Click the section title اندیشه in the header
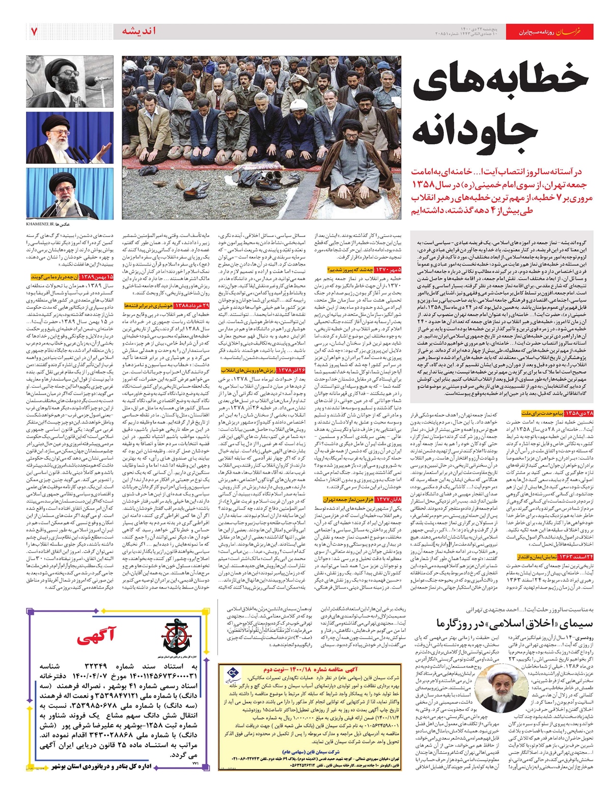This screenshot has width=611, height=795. (x=139, y=31)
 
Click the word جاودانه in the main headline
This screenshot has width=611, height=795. (x=475, y=127)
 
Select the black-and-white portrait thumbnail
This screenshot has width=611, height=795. (x=70, y=82)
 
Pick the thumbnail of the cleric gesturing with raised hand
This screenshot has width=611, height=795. (x=70, y=139)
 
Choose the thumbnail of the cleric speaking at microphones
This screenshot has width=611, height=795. (x=70, y=194)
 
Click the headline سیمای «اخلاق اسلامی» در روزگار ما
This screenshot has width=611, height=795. (x=514, y=623)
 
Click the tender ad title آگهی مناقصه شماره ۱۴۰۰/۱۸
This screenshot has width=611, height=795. (x=311, y=669)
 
